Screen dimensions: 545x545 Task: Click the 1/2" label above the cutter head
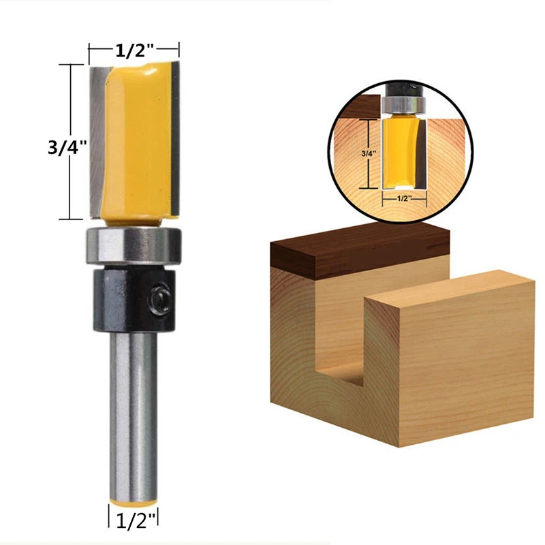tap(134, 49)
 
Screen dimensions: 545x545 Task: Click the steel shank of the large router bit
tap(134, 409)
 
